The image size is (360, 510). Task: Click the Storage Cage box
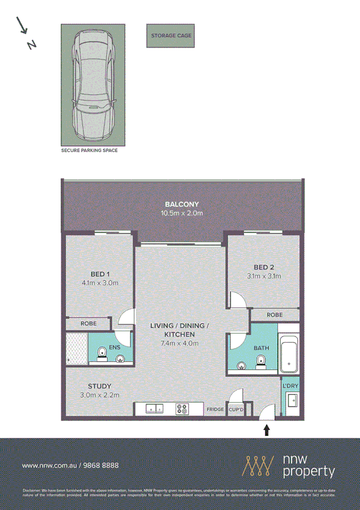pos(172,35)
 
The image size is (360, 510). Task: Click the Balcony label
pos(182,204)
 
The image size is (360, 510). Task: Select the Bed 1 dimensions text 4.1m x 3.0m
pos(100,283)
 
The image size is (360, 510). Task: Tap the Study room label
pos(99,386)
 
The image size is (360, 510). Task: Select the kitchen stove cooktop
pos(182,410)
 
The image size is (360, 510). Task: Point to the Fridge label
pos(215,410)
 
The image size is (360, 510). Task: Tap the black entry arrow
pos(267,429)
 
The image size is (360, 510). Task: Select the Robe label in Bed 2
pos(274,315)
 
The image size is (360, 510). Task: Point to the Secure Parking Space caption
pos(89,151)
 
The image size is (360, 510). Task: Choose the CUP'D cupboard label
pos(236,410)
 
